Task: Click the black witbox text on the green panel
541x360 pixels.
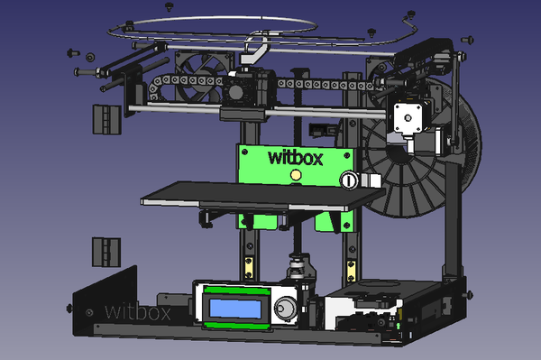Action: [x=296, y=159]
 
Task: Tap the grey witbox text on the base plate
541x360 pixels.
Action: [x=138, y=311]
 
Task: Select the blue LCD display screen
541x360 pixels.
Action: [x=235, y=309]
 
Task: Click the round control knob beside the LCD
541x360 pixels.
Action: [x=285, y=308]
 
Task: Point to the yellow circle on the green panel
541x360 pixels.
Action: [x=296, y=175]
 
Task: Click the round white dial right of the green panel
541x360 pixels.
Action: [x=349, y=180]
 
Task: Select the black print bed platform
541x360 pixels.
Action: [x=263, y=196]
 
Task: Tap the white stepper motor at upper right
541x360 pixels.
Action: [x=408, y=118]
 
